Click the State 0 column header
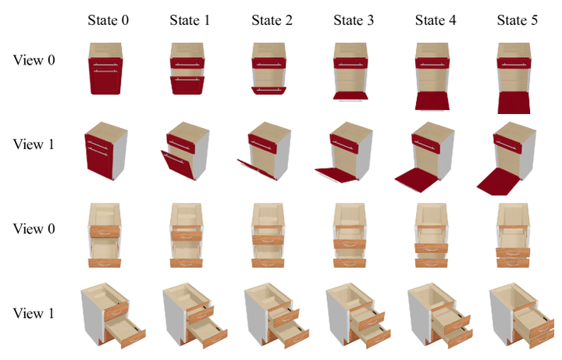pos(108,20)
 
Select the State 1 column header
pos(190,20)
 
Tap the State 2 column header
pos(272,20)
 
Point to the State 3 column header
pos(354,20)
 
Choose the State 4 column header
pos(436,20)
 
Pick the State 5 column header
pos(517,20)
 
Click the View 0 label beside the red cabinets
pos(34,60)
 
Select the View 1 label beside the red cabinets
pos(34,144)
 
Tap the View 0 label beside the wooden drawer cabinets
pos(34,229)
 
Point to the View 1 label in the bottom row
pos(34,313)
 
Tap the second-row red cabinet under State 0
pos(106,151)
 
